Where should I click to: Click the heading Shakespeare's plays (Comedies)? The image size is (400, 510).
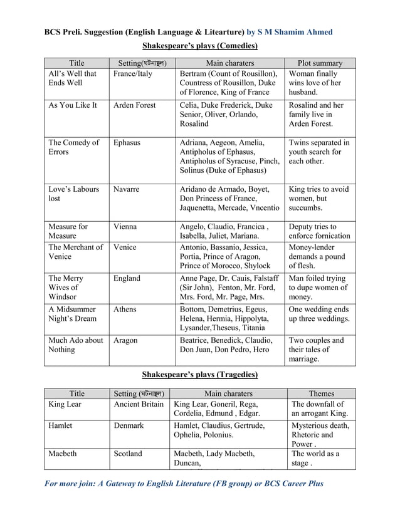pos(200,46)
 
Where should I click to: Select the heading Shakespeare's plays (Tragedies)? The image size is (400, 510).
pos(200,375)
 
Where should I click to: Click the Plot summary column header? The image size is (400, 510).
pos(320,63)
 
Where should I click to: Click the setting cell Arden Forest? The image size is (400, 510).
pos(135,105)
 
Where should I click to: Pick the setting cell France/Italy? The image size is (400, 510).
pos(132,74)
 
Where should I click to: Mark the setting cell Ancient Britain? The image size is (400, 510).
pos(139,404)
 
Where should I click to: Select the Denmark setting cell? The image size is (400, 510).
pos(129,425)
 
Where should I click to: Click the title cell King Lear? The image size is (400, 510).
pos(65,404)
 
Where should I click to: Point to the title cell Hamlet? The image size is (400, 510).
pos(60,425)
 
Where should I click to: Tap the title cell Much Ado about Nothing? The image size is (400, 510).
pos(76,345)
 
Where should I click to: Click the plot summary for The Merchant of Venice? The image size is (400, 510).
pos(318,256)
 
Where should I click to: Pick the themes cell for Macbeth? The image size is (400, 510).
pos(315,459)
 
